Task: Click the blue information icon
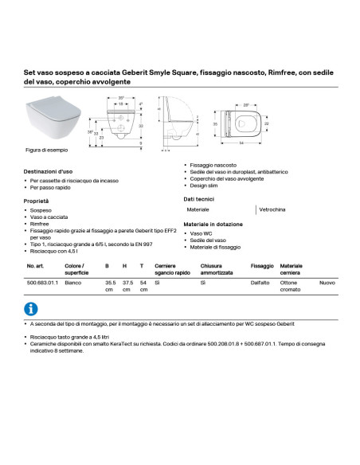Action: click(31, 309)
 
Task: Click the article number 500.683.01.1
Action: click(42, 283)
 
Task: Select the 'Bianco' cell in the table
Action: click(74, 283)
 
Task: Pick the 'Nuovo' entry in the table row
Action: click(327, 283)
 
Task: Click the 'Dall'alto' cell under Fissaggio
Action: click(261, 283)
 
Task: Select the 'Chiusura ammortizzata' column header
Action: click(217, 269)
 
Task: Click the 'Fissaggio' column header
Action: click(262, 266)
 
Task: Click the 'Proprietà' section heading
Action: click(37, 201)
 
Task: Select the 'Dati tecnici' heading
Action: click(199, 198)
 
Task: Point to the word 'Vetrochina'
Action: click(272, 209)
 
